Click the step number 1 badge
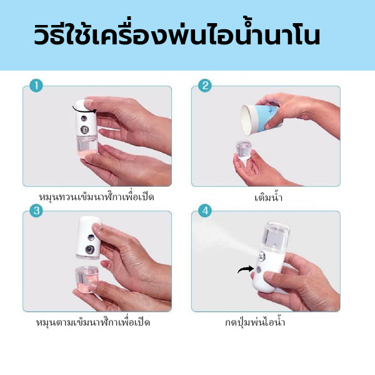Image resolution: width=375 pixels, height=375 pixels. point(36,86)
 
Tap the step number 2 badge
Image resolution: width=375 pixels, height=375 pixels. point(205,86)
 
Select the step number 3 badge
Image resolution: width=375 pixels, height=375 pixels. point(36,211)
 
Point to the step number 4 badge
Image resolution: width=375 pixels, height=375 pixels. point(205,211)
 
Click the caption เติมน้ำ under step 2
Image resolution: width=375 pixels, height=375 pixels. point(268,197)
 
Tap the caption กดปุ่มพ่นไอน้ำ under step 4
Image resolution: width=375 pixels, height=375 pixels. point(255,322)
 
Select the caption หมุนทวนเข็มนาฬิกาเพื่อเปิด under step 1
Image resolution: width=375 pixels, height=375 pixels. point(96,197)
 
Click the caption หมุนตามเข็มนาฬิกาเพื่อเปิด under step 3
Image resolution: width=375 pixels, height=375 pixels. point(93,322)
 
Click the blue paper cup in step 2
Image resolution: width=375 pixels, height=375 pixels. point(261,118)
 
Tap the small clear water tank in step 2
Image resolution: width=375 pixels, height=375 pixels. point(244,151)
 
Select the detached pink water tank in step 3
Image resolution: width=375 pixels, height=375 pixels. point(86,279)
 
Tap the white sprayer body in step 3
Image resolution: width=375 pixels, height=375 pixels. point(89,237)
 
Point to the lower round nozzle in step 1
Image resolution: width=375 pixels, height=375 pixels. point(84,129)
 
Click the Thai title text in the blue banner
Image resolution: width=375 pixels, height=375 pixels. point(177,34)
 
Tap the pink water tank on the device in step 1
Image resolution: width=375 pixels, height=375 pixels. point(86,146)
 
